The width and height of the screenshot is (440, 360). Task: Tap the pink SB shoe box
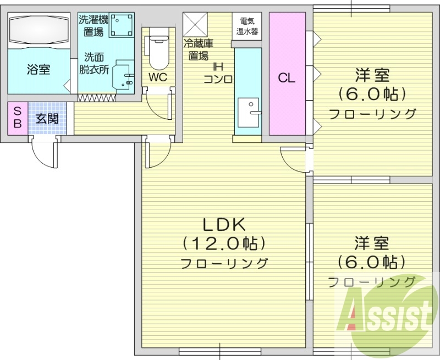(17, 118)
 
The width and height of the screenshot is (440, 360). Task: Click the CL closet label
(286, 77)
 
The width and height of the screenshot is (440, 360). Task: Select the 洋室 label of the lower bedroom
(372, 242)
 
